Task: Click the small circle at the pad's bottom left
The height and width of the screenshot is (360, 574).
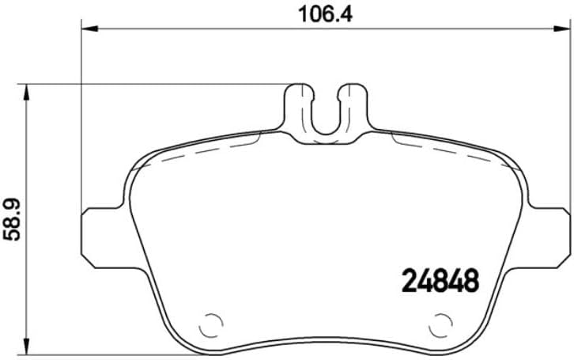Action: pyautogui.click(x=211, y=325)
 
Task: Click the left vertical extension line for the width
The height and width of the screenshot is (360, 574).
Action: pyautogui.click(x=83, y=119)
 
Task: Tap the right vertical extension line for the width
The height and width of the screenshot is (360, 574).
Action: pyautogui.click(x=568, y=119)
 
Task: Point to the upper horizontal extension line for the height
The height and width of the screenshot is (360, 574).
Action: pyautogui.click(x=158, y=83)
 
